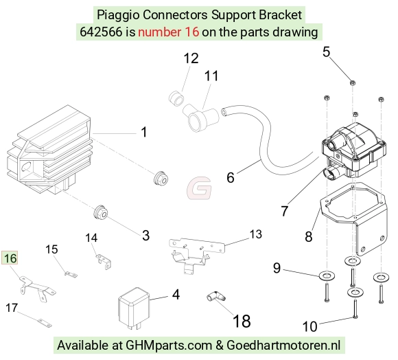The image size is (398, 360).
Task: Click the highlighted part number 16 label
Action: [x=10, y=258]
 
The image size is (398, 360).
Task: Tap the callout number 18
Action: [x=242, y=321]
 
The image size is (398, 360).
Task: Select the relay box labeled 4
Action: [x=134, y=308]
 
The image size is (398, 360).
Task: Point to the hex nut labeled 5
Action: [x=352, y=82]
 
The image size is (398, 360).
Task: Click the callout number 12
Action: [x=191, y=58]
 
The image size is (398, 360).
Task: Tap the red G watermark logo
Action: [x=200, y=188]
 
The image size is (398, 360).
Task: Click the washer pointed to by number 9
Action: [x=327, y=275]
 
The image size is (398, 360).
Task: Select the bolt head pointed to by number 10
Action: [x=355, y=317]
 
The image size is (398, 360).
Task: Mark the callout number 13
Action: [x=255, y=234]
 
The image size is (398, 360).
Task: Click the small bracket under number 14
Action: [x=104, y=261]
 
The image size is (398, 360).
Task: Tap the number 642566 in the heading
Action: [x=101, y=32]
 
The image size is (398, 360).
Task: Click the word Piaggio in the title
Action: [x=118, y=15]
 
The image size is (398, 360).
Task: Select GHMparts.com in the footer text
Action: [x=169, y=346]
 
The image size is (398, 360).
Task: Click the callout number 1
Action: [x=144, y=132]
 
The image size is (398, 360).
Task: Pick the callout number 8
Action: [x=308, y=236]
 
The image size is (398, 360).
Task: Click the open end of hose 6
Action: [x=224, y=112]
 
